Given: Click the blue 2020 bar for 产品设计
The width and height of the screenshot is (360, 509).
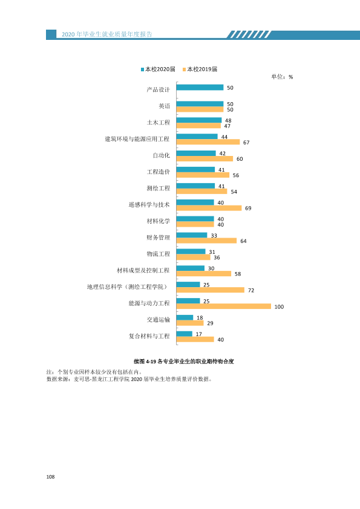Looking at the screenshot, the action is click(x=200, y=87).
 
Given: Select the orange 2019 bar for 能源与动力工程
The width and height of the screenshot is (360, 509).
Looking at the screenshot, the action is click(x=223, y=306).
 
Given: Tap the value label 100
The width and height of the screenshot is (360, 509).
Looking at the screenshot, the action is click(x=279, y=306).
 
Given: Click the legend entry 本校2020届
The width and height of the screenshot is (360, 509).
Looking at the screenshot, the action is click(x=159, y=69).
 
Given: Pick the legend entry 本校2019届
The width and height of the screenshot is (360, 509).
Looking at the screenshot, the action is click(x=200, y=69).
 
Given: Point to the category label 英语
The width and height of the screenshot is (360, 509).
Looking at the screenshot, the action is click(x=165, y=106).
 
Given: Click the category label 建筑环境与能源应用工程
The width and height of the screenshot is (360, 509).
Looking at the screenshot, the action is click(x=137, y=139).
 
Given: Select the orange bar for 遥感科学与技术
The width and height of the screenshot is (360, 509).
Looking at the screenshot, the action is click(x=209, y=208).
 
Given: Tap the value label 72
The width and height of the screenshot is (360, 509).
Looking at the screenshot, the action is click(x=251, y=290).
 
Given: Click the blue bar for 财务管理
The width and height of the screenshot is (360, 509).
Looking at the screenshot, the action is click(x=192, y=235).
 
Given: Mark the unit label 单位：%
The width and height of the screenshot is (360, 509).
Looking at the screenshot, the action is click(x=282, y=77).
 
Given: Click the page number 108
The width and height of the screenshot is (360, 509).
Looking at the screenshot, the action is click(x=50, y=477).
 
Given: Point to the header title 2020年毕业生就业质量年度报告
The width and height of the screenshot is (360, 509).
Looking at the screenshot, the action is click(x=107, y=34).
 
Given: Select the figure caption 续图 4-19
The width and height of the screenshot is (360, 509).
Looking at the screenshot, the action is click(x=184, y=361).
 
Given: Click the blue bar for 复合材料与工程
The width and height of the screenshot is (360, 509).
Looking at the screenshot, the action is click(x=184, y=334).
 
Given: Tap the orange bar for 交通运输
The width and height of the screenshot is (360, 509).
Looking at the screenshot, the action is click(x=190, y=323).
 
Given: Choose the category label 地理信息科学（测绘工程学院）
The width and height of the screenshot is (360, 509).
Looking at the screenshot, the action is click(x=128, y=287).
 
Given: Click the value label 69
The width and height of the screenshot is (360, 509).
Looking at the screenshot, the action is click(x=248, y=208).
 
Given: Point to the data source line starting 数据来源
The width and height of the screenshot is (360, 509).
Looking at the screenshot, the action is click(x=129, y=379).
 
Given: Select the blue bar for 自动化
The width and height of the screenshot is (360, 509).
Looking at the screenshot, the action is click(x=196, y=153).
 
